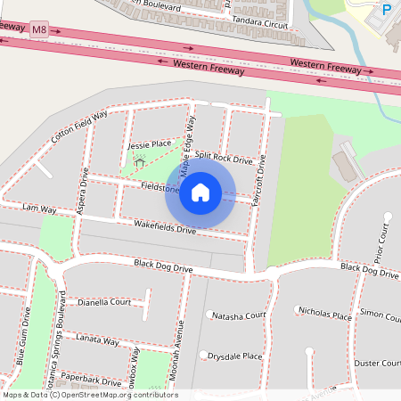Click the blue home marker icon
(200, 192)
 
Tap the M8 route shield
(38, 30)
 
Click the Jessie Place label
(149, 143)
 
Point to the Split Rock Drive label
(224, 158)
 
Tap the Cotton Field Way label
(78, 127)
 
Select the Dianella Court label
(105, 302)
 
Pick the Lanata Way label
(98, 340)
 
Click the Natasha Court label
(239, 315)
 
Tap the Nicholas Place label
(325, 314)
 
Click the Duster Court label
(377, 363)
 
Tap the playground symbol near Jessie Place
(138, 162)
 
